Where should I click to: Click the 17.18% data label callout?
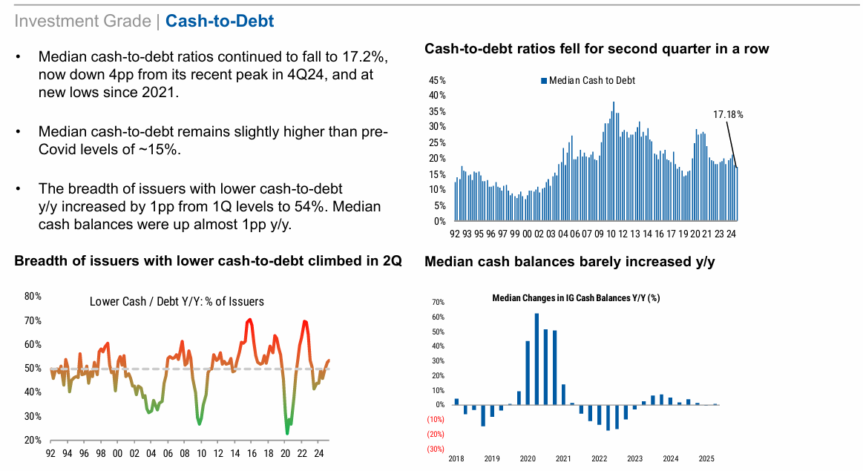(727, 115)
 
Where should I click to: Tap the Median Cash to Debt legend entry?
(591, 80)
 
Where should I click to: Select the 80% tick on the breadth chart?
(33, 297)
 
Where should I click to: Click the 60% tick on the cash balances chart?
(437, 317)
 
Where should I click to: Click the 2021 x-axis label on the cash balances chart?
(563, 460)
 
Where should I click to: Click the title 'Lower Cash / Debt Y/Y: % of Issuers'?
(177, 301)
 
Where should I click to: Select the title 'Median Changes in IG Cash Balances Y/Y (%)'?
(576, 298)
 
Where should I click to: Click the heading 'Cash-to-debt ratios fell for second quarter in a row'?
(597, 49)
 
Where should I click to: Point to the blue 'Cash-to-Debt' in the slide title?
(220, 21)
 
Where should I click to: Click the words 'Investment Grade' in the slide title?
(82, 21)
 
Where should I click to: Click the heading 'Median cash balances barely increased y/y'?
(569, 262)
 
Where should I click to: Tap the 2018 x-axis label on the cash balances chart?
(456, 460)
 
